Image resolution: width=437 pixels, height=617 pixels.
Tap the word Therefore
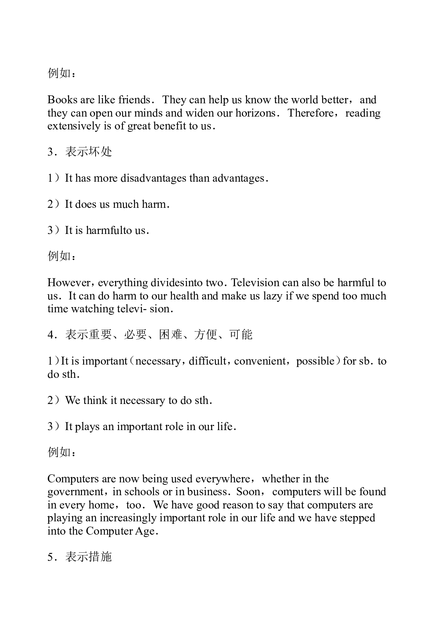(x=310, y=113)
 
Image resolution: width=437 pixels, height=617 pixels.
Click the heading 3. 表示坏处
(x=80, y=152)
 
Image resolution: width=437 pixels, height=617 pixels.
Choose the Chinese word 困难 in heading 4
(x=171, y=334)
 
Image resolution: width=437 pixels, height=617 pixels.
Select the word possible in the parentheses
(x=315, y=361)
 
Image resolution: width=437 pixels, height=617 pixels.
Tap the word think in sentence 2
(x=95, y=400)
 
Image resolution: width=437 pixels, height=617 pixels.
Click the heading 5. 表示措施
(x=80, y=557)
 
